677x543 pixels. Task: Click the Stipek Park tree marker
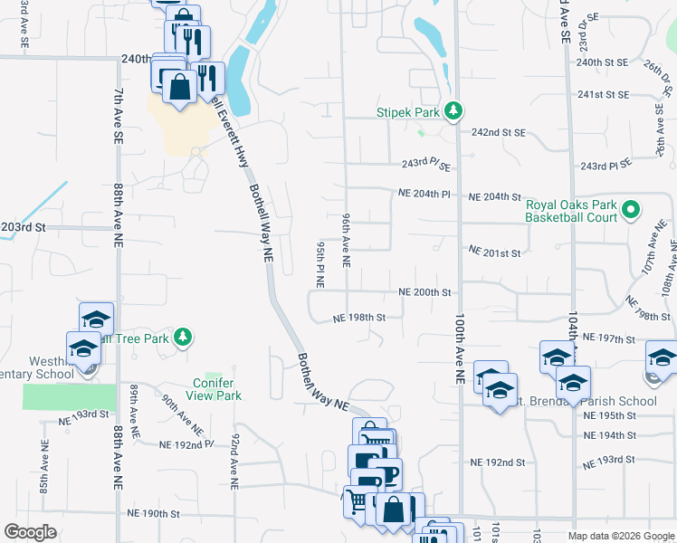click(454, 111)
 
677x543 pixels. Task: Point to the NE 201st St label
click(494, 252)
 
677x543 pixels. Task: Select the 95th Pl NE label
click(320, 264)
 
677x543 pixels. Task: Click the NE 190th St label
click(154, 513)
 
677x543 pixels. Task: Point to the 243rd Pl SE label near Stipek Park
click(425, 165)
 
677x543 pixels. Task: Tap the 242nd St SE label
click(498, 132)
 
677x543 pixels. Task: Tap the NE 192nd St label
click(498, 462)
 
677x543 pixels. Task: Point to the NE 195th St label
click(611, 415)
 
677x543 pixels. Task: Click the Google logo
click(30, 532)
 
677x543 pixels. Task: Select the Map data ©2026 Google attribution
click(620, 536)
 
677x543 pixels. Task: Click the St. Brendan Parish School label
click(593, 401)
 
